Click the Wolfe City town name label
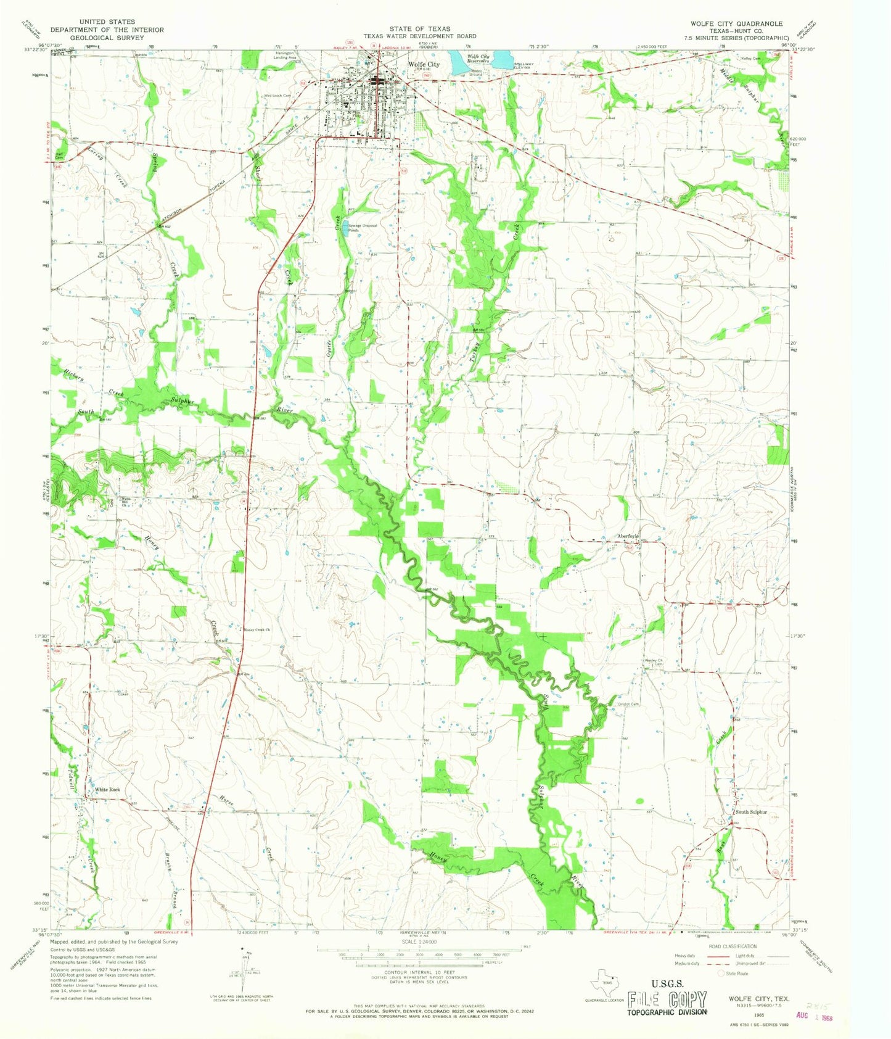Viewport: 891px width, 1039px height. click(424, 64)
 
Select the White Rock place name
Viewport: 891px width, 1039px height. click(107, 790)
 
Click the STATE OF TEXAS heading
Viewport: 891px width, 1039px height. click(419, 28)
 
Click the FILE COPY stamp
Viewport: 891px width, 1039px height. click(667, 999)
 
